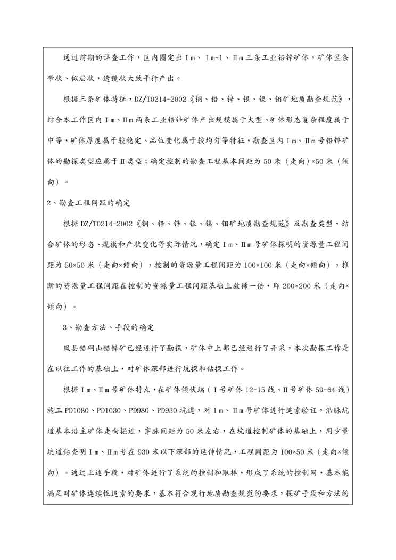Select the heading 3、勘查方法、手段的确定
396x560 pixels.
(x=101, y=326)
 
